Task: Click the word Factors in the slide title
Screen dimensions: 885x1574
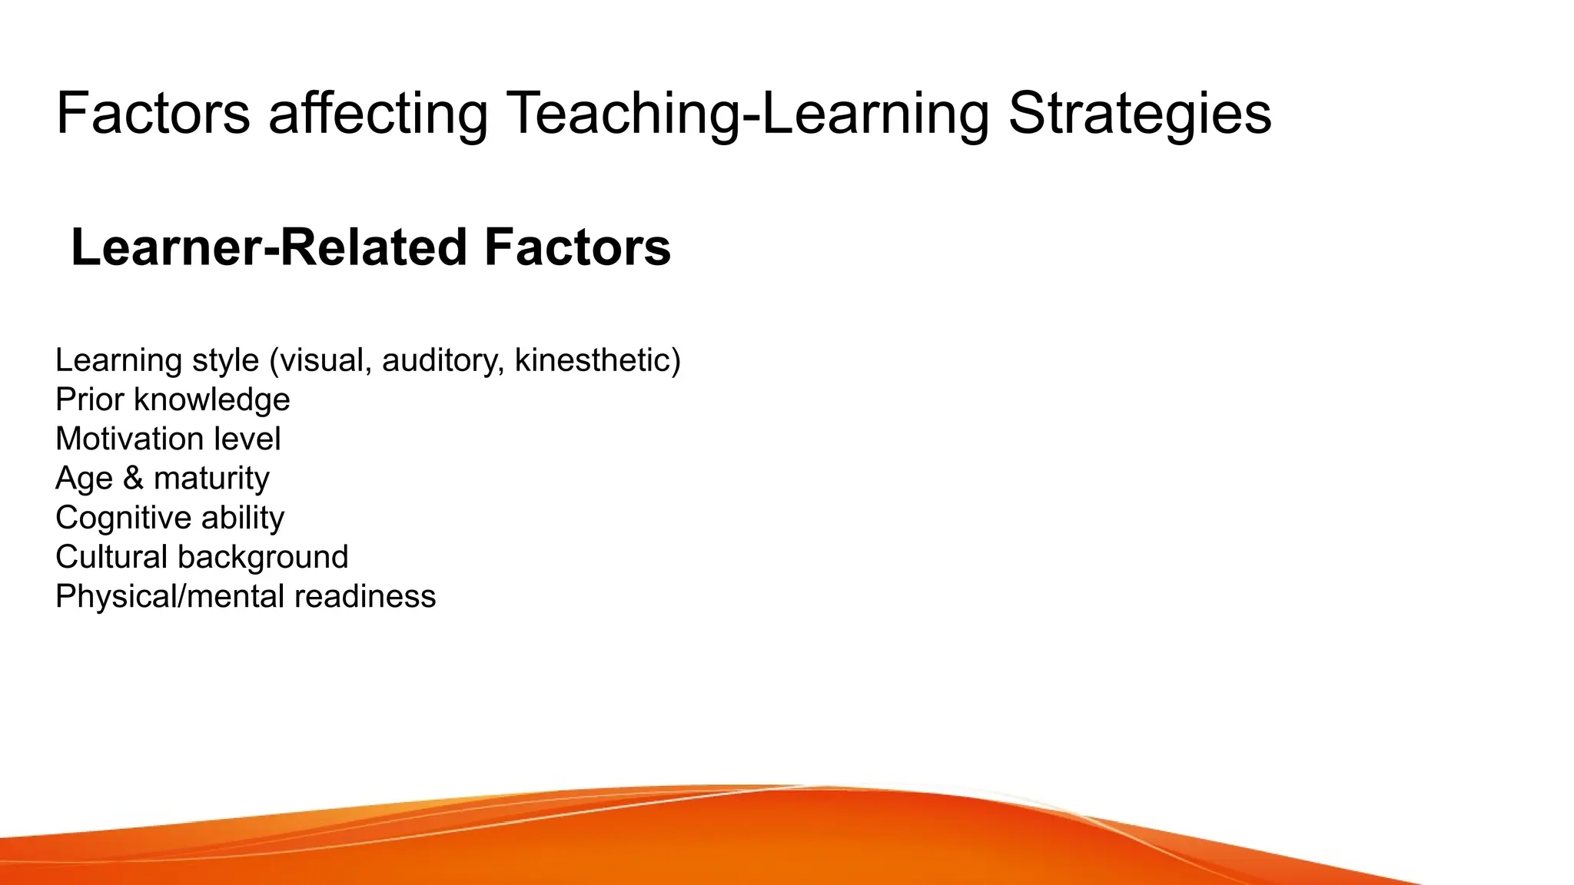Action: (153, 114)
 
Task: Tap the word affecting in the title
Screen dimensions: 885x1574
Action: (378, 114)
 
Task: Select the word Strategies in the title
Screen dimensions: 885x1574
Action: (1139, 114)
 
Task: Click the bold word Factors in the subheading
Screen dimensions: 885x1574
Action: (577, 247)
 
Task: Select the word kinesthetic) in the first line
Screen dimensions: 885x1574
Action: (597, 360)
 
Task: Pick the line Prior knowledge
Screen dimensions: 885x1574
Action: (173, 399)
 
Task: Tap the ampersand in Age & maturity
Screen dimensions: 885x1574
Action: (133, 479)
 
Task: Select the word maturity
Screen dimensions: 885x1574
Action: (211, 479)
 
